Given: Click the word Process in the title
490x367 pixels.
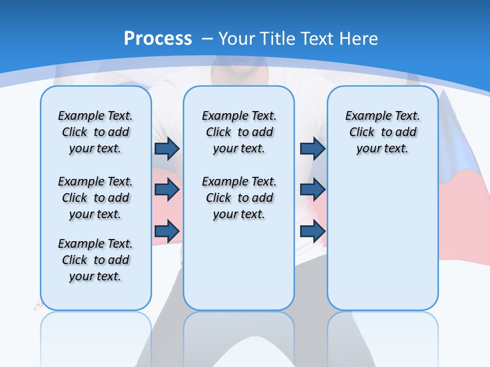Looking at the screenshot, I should [158, 38].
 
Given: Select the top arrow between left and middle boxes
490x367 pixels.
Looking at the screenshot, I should [167, 148].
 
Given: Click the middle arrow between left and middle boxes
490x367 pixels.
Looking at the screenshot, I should [167, 190].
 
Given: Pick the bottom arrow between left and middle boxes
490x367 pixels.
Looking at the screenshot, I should [167, 232].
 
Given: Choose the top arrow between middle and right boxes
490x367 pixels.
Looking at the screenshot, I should [312, 148].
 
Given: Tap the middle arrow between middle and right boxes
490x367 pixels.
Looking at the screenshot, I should [312, 190].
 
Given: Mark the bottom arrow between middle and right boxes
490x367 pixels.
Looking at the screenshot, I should [312, 232].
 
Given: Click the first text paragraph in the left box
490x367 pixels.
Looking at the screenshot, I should [95, 132].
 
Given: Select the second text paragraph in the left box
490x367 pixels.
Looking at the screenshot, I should [95, 198].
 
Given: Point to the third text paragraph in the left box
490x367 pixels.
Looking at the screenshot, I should [95, 260].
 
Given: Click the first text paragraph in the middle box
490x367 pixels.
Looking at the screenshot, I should [239, 132].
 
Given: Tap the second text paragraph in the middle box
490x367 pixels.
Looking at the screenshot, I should [239, 198].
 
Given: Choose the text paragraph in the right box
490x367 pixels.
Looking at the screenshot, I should [382, 132].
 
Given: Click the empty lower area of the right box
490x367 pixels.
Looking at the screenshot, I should [382, 245].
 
